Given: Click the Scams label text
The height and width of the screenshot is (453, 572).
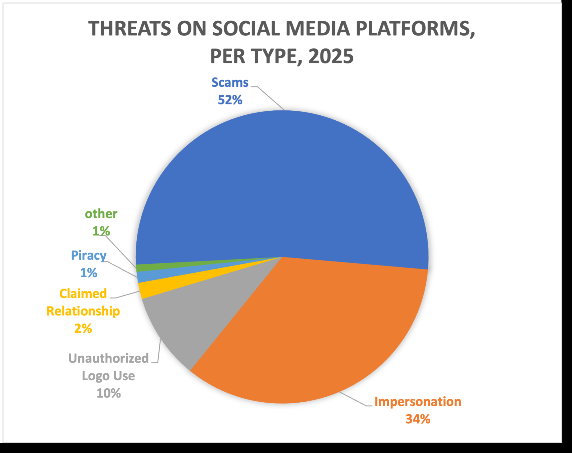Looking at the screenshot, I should (230, 83).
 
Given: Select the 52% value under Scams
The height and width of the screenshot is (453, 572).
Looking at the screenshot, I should (230, 100).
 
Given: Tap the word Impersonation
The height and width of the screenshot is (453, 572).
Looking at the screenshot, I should (418, 402).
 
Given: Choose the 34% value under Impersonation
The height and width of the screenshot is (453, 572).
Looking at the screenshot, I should (418, 419).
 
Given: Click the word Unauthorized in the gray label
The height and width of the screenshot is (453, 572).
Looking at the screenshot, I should (108, 358).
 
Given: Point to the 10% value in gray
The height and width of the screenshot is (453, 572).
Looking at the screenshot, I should (108, 393).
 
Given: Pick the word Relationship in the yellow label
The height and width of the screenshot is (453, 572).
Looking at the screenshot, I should (83, 311).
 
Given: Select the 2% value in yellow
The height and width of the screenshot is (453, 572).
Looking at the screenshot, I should (83, 329).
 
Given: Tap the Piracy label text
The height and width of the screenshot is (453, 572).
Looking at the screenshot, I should (89, 256).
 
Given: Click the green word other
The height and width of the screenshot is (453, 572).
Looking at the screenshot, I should (101, 214).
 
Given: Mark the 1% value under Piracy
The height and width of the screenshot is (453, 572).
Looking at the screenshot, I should (89, 273).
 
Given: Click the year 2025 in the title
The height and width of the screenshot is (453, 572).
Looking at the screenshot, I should (331, 56).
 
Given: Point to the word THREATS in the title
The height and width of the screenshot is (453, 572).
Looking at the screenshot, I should (129, 29).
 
